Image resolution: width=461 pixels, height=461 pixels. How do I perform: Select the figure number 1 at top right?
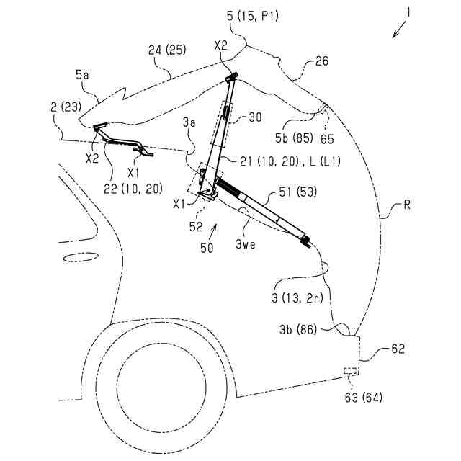pos(408,12)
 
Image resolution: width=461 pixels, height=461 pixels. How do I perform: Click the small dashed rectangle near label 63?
pos(351,371)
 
